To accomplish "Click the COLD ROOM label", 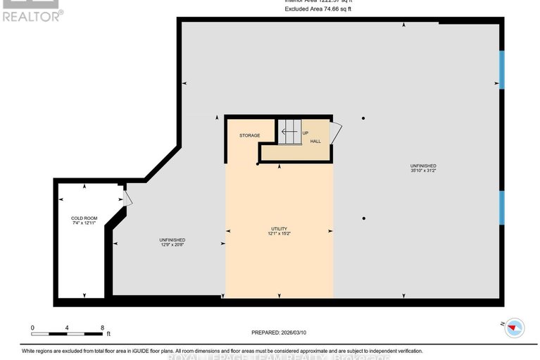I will pos(84,218).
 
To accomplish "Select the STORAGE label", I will pos(249,135).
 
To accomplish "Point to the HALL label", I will pos(315,141).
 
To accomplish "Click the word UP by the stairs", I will pos(306,132).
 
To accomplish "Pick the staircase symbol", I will pos(289,132).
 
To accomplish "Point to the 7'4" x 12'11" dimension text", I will pos(84,223).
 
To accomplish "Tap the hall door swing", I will pos(336,133).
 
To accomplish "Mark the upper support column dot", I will pos(363,118).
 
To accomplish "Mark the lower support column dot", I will pos(363,218).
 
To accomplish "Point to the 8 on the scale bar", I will pos(103,328).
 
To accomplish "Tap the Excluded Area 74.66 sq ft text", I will pos(318,9).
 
